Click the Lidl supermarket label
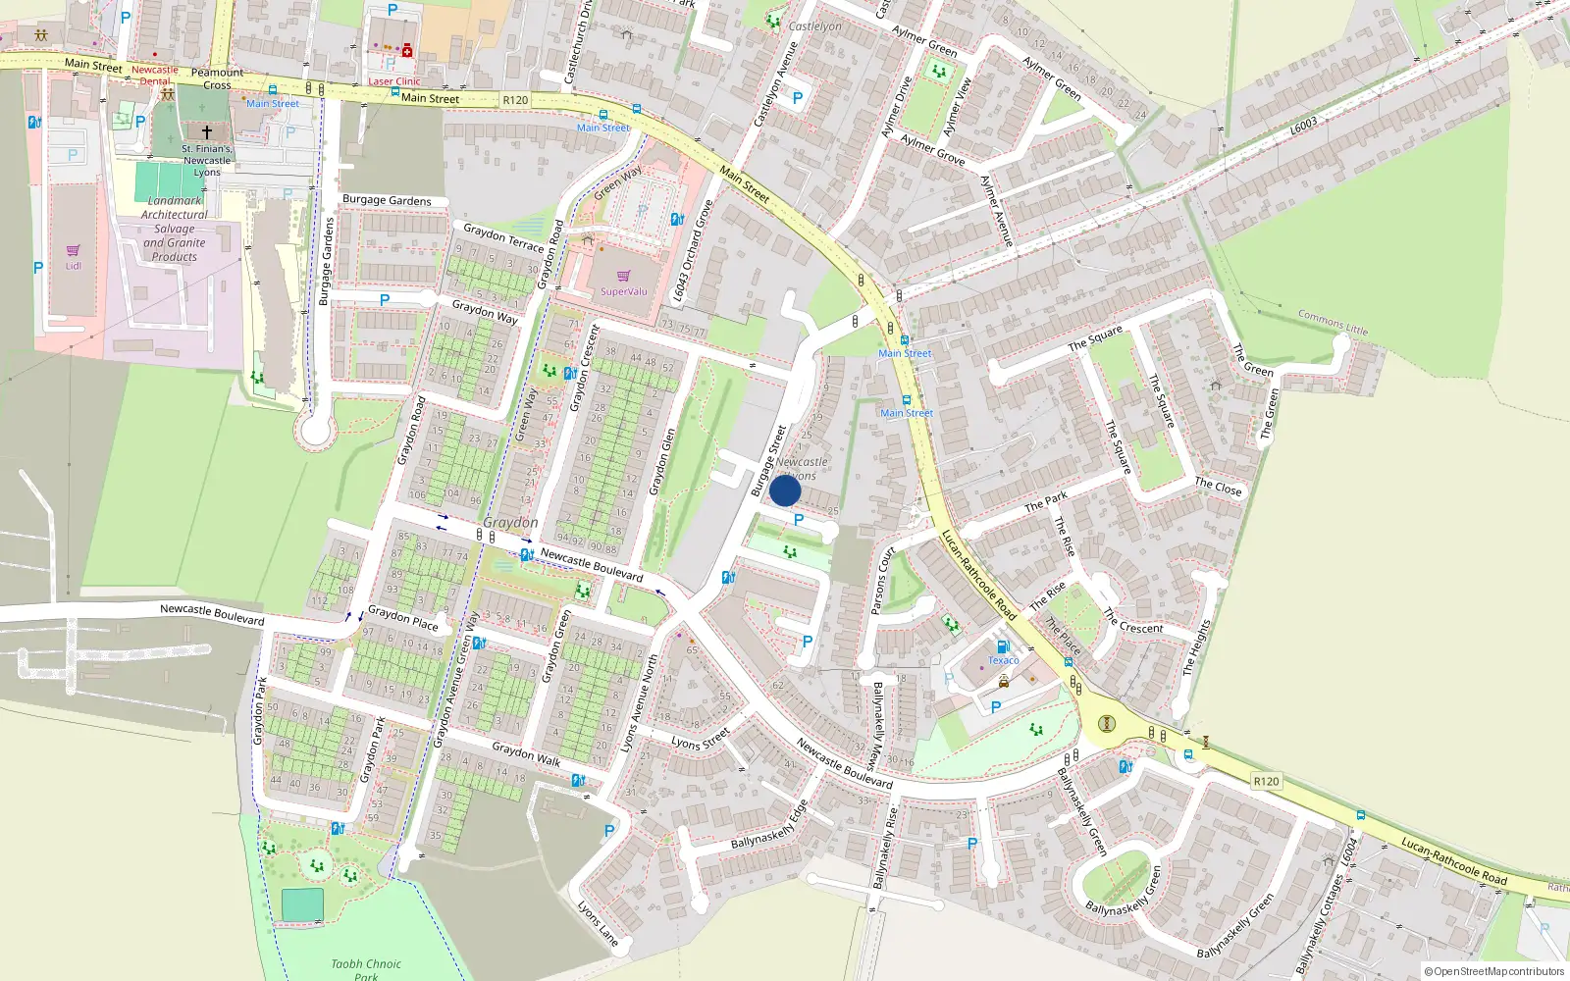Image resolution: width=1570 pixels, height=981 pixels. click(x=74, y=266)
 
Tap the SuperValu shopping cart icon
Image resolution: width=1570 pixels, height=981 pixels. click(x=623, y=277)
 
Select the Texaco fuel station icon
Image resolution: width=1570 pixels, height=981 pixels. click(x=1003, y=646)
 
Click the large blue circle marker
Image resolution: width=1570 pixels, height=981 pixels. click(x=785, y=490)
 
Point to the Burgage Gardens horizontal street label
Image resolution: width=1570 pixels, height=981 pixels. click(x=387, y=200)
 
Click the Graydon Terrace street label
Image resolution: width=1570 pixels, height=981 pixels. click(x=502, y=237)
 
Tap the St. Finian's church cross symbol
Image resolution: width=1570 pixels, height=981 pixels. click(x=207, y=131)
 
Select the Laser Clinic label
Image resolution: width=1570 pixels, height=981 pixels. click(x=393, y=81)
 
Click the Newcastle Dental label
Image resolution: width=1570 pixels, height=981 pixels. click(x=155, y=76)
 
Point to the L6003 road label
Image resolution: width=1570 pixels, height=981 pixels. click(x=1303, y=127)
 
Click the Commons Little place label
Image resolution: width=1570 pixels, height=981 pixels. click(x=1332, y=322)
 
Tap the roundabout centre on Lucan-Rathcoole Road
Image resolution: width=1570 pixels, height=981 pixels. click(x=1107, y=724)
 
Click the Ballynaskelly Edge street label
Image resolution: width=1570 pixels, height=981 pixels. click(x=769, y=825)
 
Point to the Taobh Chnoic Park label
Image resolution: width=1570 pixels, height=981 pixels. click(x=366, y=969)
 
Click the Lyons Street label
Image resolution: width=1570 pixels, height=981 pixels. click(x=701, y=739)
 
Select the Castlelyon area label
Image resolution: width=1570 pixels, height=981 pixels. click(x=814, y=26)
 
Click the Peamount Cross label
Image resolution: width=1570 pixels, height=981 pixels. click(x=217, y=78)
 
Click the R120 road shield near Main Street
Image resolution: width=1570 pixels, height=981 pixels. click(x=515, y=100)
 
